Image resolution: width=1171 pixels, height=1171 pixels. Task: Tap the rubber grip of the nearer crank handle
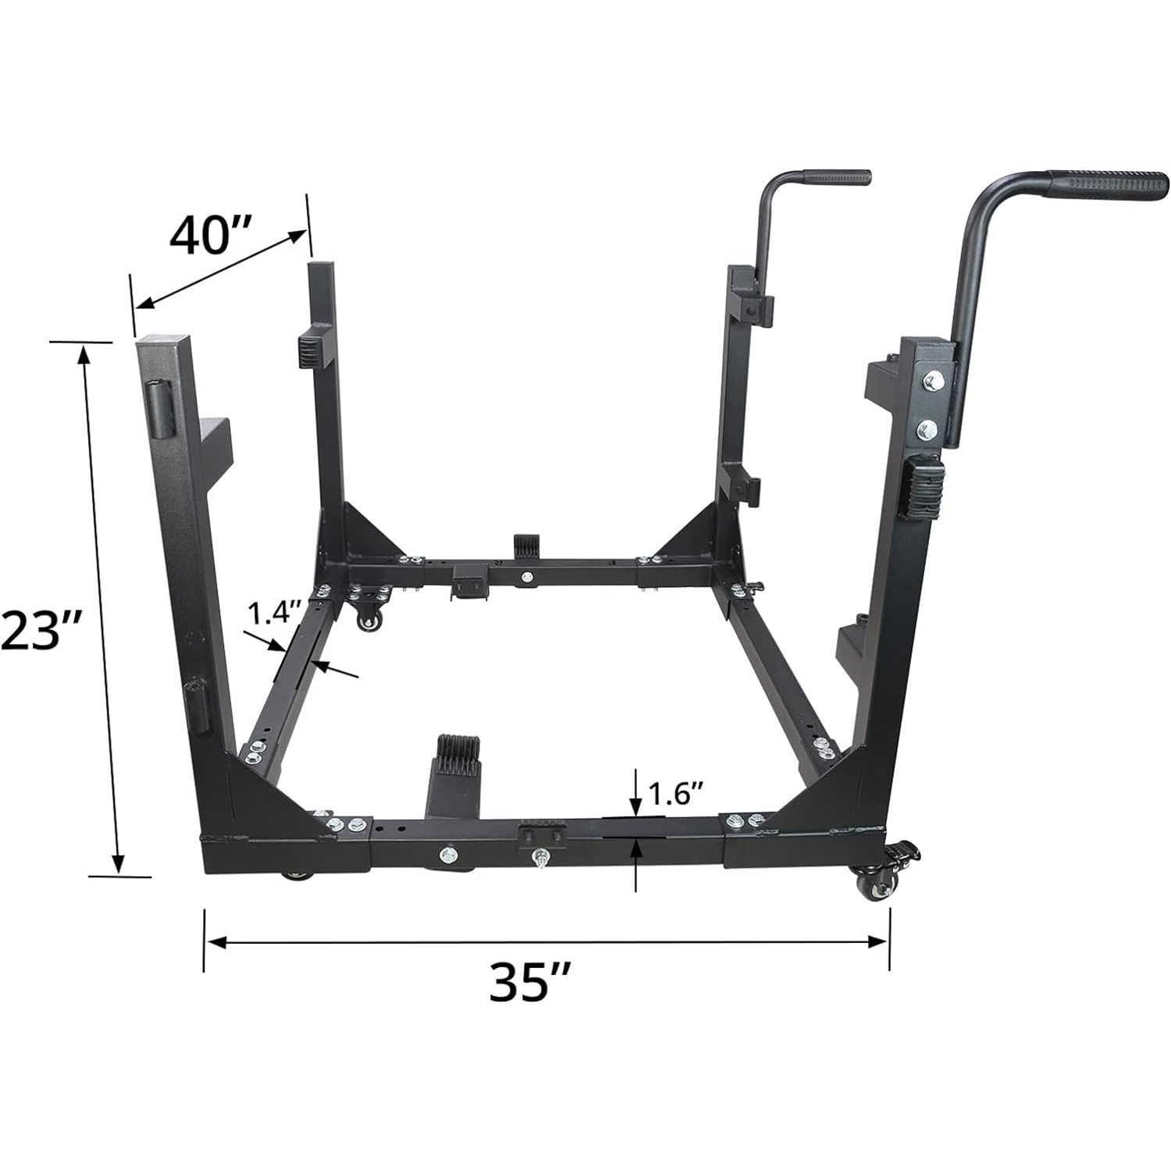click(x=1109, y=183)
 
